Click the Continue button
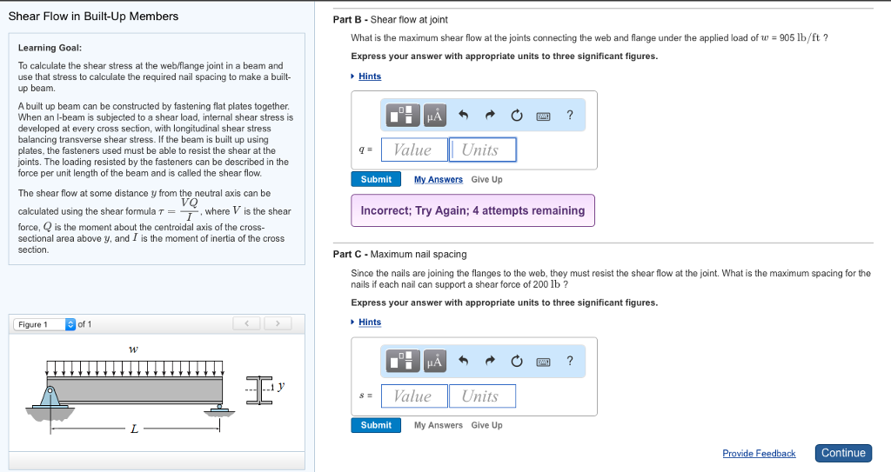point(843,453)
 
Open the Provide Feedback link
point(759,454)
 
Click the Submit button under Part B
point(376,179)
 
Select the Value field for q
point(413,150)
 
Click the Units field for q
point(482,150)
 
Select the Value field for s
point(413,396)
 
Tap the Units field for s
point(482,396)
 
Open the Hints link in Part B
point(370,76)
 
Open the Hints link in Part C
point(370,322)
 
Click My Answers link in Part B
point(439,180)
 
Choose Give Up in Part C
point(486,425)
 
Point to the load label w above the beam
point(133,349)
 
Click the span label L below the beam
point(133,428)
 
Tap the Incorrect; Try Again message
point(472,210)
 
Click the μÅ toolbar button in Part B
point(434,115)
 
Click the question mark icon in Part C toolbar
point(570,361)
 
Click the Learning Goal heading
point(50,48)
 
